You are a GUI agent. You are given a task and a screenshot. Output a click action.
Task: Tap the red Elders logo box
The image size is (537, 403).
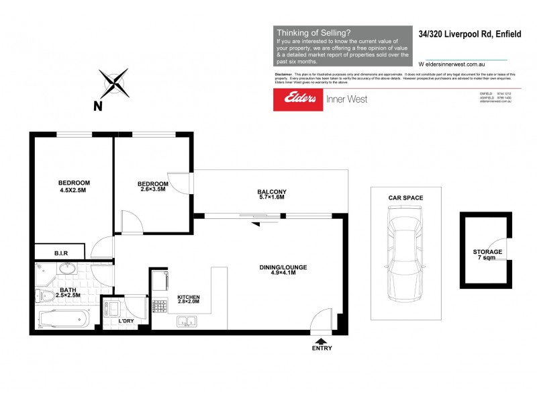pyautogui.click(x=297, y=99)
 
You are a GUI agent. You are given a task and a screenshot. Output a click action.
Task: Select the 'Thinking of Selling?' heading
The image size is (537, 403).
pyautogui.click(x=313, y=32)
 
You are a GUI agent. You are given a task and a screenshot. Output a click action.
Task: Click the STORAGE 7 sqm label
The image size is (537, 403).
pyautogui.click(x=487, y=255)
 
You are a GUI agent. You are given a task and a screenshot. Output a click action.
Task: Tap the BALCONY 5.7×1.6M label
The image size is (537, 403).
pyautogui.click(x=272, y=195)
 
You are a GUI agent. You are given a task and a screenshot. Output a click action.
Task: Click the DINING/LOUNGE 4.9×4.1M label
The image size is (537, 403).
pyautogui.click(x=283, y=271)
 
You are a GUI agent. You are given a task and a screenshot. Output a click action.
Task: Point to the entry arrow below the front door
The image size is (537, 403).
pyautogui.click(x=322, y=340)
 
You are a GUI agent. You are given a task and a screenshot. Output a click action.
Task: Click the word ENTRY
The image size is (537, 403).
pyautogui.click(x=322, y=349)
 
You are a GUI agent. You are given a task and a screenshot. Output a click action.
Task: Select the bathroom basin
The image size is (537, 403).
pyautogui.click(x=66, y=269)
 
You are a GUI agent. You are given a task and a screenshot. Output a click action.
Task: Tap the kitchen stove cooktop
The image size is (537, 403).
pyautogui.click(x=160, y=306)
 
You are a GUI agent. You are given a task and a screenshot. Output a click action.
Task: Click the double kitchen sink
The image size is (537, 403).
pyautogui.click(x=186, y=322)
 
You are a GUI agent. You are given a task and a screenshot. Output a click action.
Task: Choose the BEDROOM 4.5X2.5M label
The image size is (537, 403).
pyautogui.click(x=74, y=186)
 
